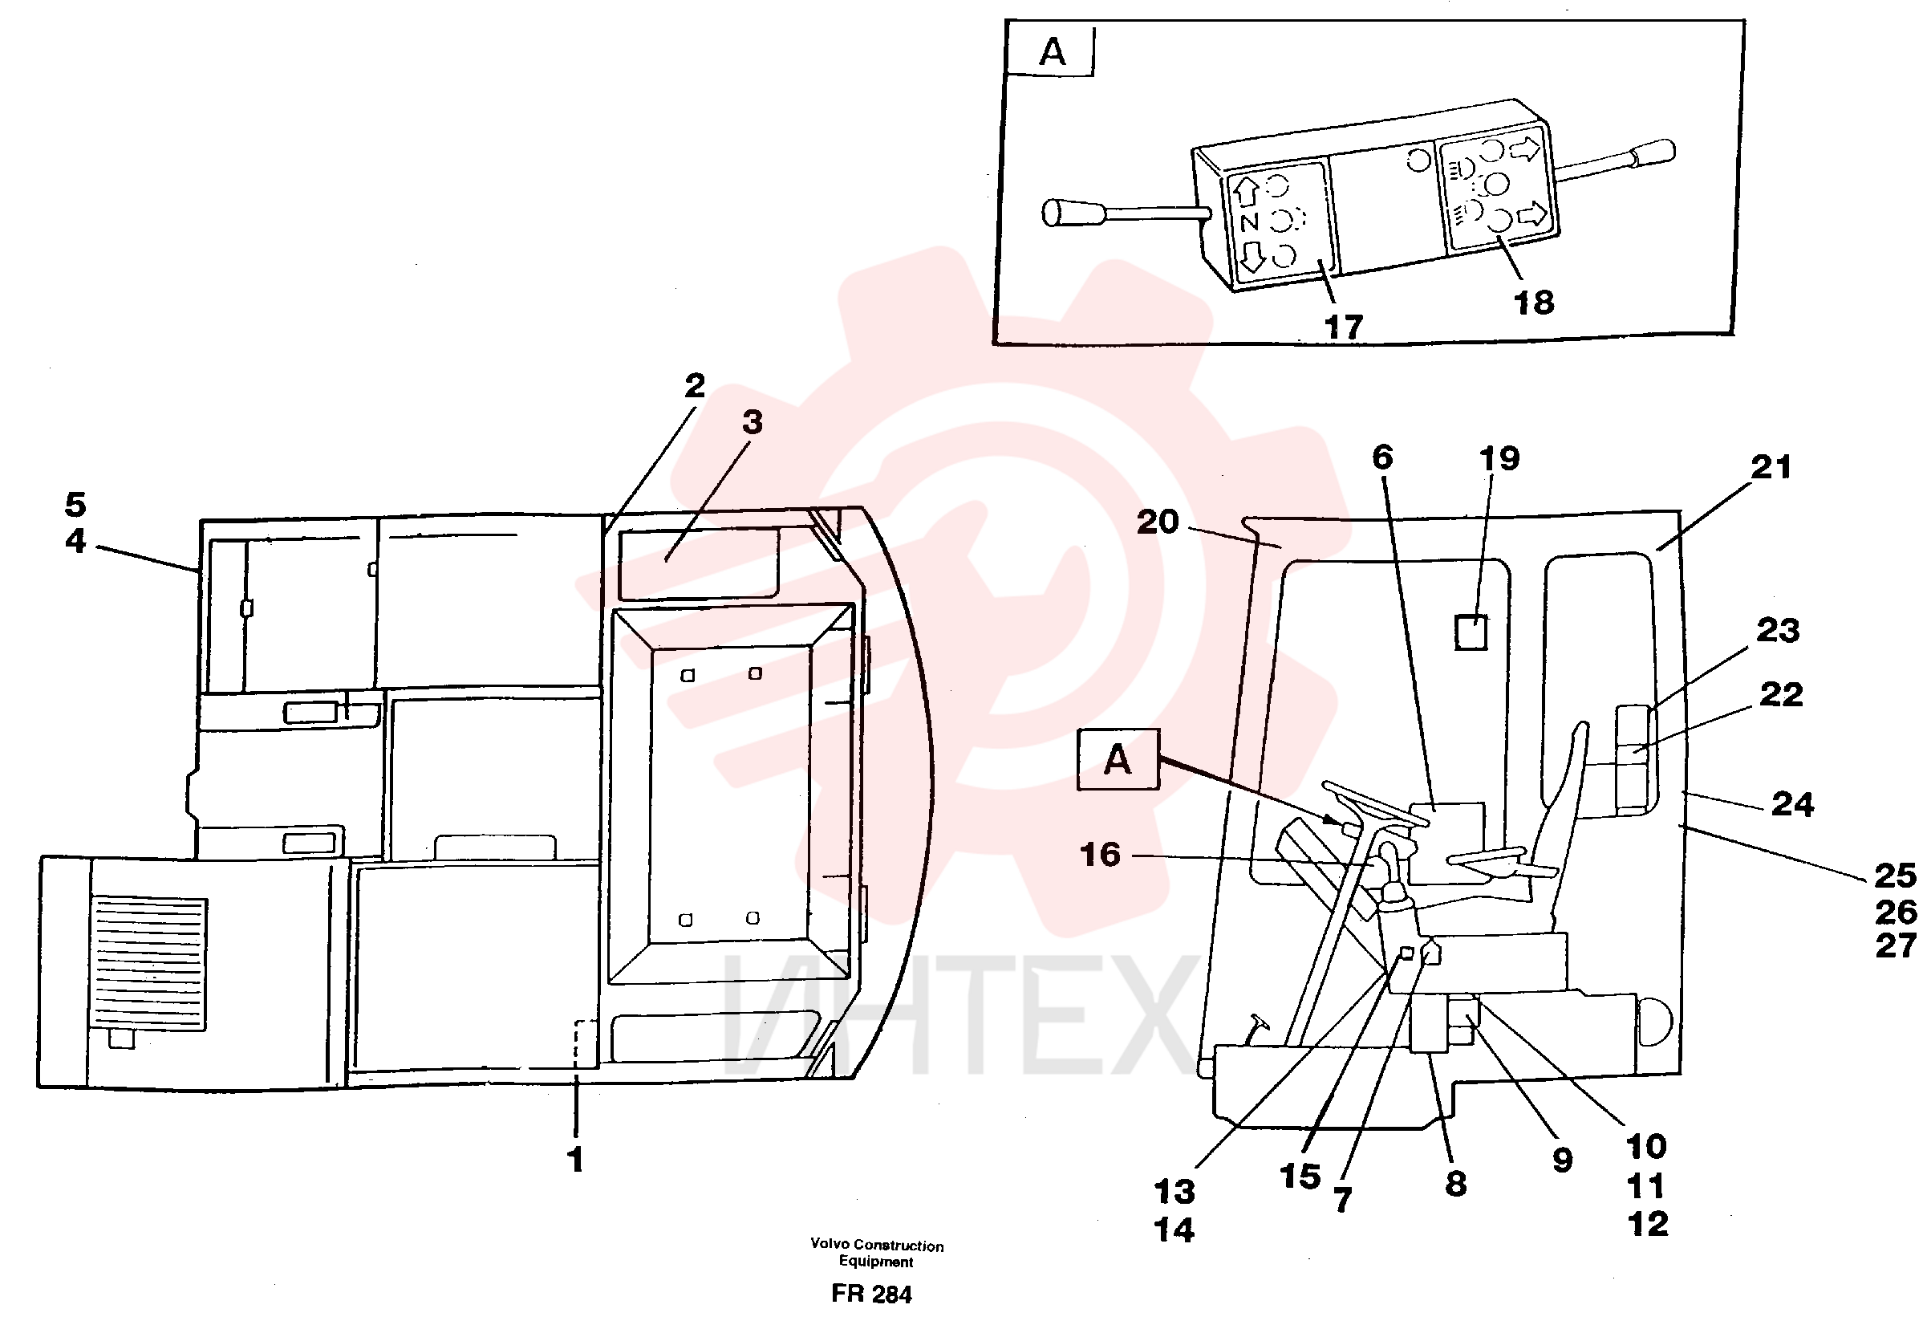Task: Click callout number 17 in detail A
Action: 1343,327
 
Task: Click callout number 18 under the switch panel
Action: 1534,303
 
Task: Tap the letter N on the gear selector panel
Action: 1250,222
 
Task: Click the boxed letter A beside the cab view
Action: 1118,759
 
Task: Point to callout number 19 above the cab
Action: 1499,457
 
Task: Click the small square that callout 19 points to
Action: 1471,632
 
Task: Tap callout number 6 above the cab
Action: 1382,457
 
